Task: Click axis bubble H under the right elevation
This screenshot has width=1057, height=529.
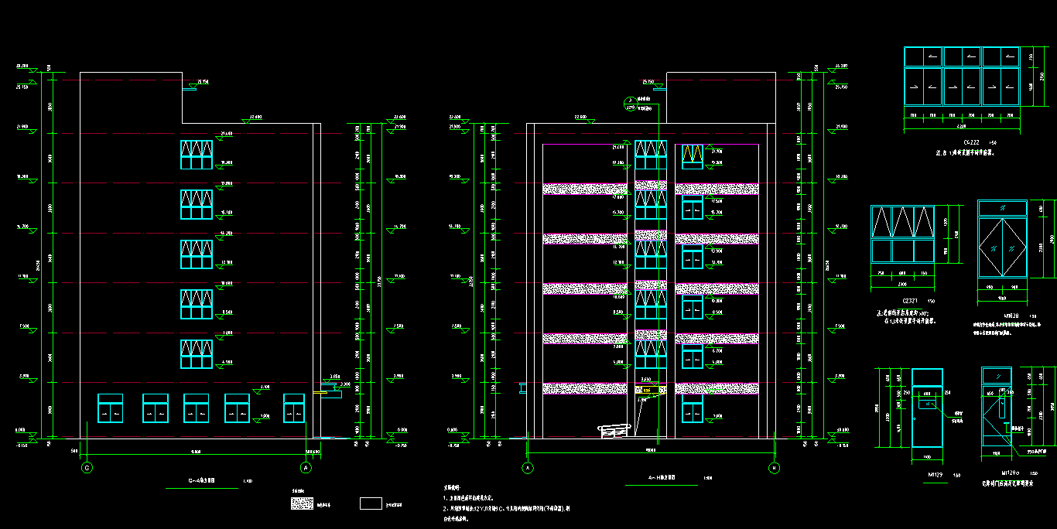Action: tap(773, 468)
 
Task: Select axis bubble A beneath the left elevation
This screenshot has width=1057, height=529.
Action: tap(306, 468)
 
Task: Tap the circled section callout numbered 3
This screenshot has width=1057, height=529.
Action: tap(630, 101)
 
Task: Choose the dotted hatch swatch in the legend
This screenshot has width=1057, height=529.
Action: tap(302, 503)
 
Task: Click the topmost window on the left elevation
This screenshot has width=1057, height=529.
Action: tap(197, 155)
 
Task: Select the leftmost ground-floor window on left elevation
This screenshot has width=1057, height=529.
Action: tap(110, 408)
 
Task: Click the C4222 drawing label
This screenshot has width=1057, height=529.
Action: tap(949, 143)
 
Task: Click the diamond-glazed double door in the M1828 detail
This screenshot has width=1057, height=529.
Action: tap(1002, 247)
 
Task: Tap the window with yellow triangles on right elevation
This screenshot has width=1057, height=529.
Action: tap(693, 155)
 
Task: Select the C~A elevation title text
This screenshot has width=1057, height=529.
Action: tap(203, 480)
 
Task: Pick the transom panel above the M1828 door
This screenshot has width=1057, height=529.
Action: tap(1002, 208)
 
